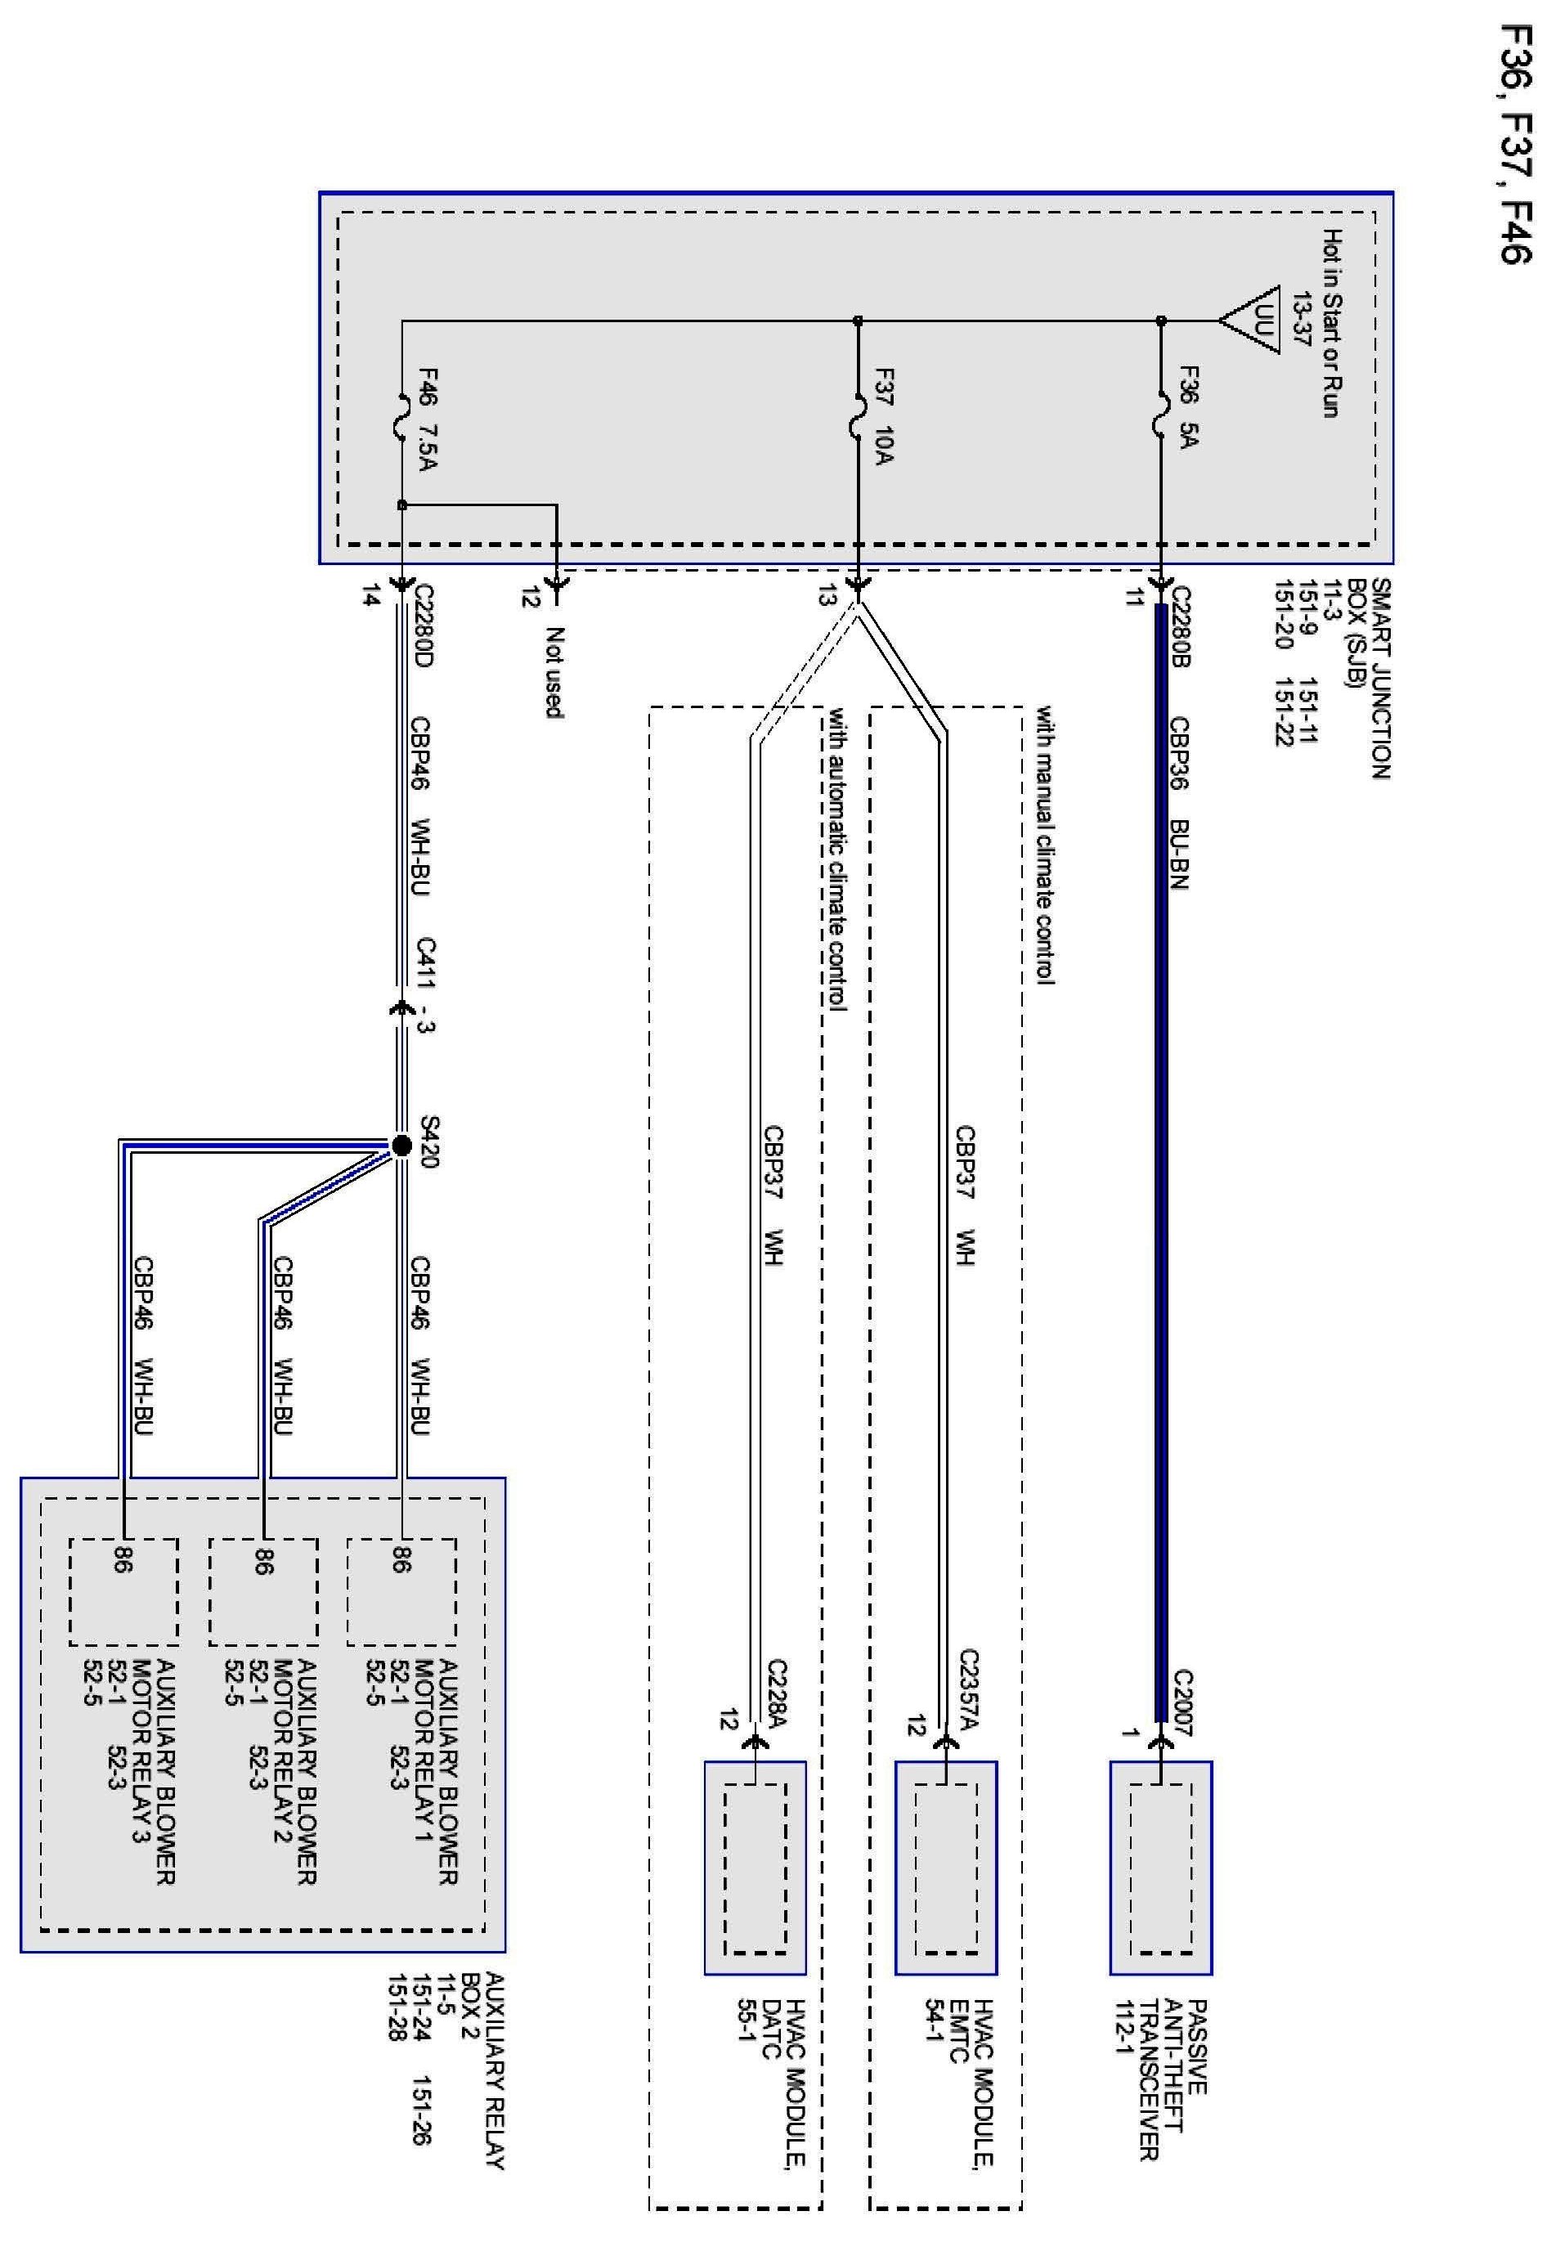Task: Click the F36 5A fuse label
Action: (x=1188, y=407)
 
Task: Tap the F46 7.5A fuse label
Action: (x=428, y=419)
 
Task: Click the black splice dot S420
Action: (x=401, y=1146)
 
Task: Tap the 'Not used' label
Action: (x=554, y=672)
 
